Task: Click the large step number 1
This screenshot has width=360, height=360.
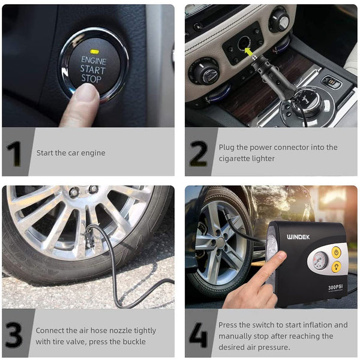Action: [14, 153]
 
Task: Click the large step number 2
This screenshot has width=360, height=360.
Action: [198, 153]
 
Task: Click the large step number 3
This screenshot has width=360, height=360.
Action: [14, 335]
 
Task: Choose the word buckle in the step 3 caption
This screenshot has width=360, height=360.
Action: [133, 341]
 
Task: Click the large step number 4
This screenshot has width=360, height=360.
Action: [198, 335]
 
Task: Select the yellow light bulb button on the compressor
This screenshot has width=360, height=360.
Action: [337, 265]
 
